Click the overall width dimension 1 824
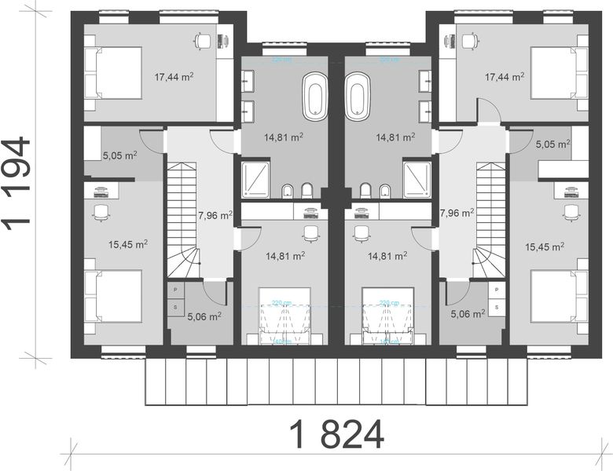[x=336, y=434]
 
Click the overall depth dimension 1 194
[x=17, y=182]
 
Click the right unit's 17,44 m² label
[x=505, y=77]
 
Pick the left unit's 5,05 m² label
[x=119, y=155]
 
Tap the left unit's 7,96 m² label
[x=215, y=214]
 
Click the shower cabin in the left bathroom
[x=255, y=178]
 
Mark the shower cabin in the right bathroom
[x=417, y=178]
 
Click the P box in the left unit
[x=174, y=290]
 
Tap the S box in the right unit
[x=497, y=307]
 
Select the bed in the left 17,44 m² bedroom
[x=113, y=73]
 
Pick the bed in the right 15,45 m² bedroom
[x=559, y=297]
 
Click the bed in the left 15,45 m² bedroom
[x=113, y=297]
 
